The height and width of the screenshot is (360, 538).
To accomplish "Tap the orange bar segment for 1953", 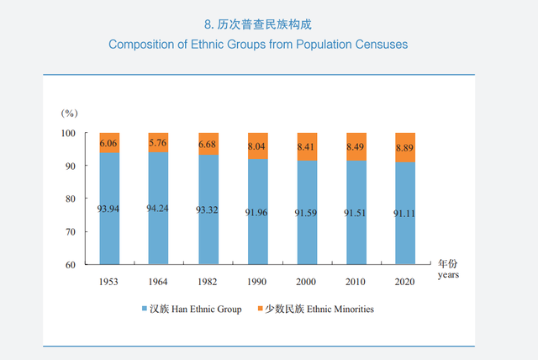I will [x=108, y=143].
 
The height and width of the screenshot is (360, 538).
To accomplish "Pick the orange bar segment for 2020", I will [x=404, y=147].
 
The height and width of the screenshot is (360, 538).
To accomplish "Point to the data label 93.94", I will [x=108, y=209].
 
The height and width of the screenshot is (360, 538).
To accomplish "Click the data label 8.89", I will [x=404, y=146].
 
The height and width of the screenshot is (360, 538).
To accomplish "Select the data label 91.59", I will [x=306, y=213].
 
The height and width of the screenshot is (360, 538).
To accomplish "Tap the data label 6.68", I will [x=207, y=144].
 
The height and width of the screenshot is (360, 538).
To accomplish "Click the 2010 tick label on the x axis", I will [x=356, y=281].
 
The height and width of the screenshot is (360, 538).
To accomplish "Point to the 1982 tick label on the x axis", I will [x=207, y=281].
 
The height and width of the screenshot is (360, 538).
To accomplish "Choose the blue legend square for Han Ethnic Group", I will [x=145, y=310].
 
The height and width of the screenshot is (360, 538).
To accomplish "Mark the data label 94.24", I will [x=157, y=209].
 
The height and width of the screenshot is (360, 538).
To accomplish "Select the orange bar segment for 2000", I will [x=306, y=146].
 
